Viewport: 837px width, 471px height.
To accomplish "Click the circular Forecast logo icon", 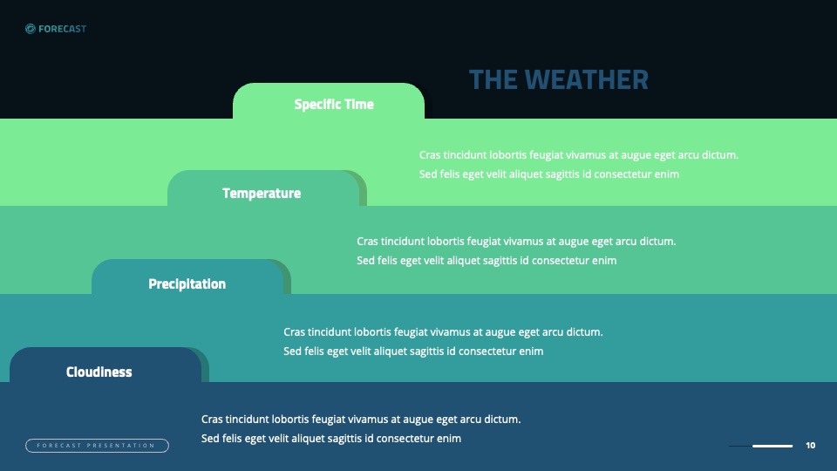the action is (x=31, y=29).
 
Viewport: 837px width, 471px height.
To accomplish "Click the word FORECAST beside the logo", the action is (x=63, y=29).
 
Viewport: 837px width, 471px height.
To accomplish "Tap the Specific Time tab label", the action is (x=334, y=104).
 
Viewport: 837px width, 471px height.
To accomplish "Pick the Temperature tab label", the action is (x=262, y=193).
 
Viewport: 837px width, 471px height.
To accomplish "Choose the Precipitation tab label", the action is (x=187, y=283).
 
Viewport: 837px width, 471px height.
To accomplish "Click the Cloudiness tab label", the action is (x=99, y=372).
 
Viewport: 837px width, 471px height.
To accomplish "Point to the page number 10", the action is (x=810, y=446).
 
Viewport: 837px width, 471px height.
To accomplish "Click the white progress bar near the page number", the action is (x=772, y=446).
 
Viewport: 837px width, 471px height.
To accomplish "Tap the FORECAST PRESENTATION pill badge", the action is (x=97, y=446).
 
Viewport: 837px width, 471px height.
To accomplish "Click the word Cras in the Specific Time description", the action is (x=430, y=155).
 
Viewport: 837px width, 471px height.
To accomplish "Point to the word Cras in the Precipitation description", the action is (x=294, y=332).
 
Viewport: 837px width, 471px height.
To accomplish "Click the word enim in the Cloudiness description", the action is (x=449, y=439).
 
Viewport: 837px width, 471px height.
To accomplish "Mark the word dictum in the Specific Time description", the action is (x=720, y=155).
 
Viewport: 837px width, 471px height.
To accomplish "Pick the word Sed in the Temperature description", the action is (x=365, y=261).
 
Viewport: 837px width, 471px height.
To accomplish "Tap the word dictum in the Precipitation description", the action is (x=584, y=332).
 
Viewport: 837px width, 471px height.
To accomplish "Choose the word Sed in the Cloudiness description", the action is (x=210, y=439).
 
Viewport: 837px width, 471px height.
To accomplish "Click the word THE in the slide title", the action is (x=493, y=79).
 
